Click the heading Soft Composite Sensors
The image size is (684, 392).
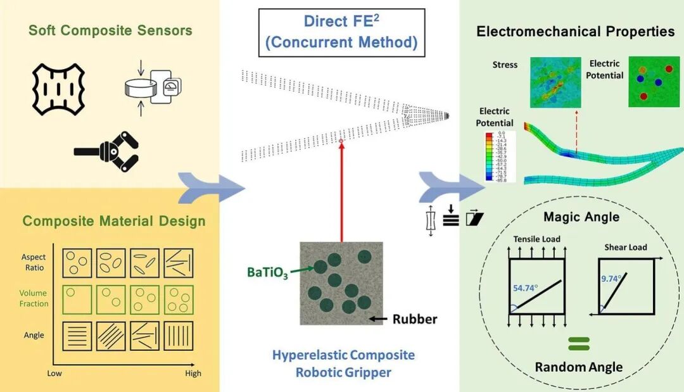click(x=110, y=30)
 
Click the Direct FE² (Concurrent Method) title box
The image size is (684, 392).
click(x=341, y=32)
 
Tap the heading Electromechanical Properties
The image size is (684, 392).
click(x=575, y=31)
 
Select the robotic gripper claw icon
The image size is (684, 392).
click(x=107, y=150)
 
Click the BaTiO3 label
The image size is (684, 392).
click(x=267, y=273)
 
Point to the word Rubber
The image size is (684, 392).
click(x=415, y=319)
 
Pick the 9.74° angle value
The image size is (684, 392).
click(x=612, y=277)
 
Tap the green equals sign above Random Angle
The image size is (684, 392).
click(x=578, y=344)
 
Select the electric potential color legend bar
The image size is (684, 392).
click(x=490, y=157)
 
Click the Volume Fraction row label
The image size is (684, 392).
click(x=34, y=298)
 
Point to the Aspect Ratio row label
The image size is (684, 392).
click(x=34, y=262)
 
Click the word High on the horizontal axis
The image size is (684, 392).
click(x=193, y=373)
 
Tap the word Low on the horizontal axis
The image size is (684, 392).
click(x=54, y=373)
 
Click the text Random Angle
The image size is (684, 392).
click(x=578, y=367)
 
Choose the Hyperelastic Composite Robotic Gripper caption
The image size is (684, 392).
click(x=343, y=363)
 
